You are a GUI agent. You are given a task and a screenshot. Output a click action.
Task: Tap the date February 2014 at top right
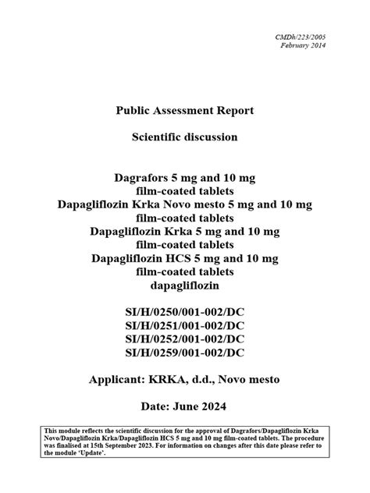[x=304, y=45]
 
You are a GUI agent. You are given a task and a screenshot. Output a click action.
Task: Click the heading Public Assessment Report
[x=184, y=111]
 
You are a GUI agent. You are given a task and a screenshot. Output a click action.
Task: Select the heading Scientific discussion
[x=184, y=137]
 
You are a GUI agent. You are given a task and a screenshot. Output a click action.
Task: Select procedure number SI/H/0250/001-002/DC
[x=184, y=313]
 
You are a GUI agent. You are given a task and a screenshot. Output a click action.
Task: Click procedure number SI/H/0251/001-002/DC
[x=184, y=326]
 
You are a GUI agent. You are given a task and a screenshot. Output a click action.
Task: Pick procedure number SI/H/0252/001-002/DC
[x=184, y=339]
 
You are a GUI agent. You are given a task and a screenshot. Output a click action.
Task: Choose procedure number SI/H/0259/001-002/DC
[x=184, y=353]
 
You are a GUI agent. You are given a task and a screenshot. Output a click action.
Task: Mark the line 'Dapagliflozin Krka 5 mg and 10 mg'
[x=184, y=231]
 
